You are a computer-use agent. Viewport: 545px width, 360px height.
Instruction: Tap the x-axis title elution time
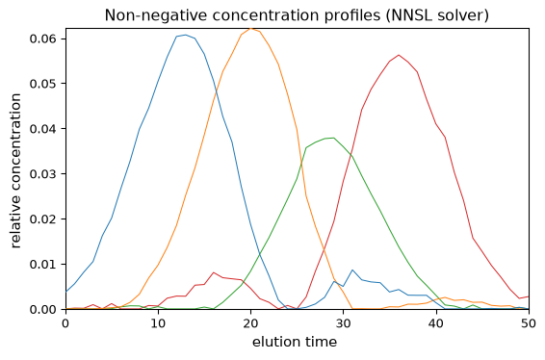coord(295,342)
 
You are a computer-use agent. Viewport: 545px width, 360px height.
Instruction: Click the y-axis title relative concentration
coord(16,170)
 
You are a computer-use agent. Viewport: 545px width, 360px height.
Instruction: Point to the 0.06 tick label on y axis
coord(43,39)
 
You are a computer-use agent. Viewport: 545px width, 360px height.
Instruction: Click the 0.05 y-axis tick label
coord(43,84)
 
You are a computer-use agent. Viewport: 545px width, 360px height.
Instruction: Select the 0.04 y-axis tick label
coord(43,129)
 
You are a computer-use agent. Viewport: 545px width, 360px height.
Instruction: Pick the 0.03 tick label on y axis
coord(43,174)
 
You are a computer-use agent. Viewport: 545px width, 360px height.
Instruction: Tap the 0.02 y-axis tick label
coord(43,219)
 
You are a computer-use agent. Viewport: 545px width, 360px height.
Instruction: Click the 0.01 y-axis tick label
coord(43,265)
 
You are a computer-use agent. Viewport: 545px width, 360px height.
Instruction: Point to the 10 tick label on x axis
coord(158,323)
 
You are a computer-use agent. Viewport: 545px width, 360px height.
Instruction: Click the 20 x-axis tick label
coord(250,323)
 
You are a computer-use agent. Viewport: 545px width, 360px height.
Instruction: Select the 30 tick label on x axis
coord(344,323)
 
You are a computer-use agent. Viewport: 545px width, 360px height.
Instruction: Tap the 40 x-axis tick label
coord(436,323)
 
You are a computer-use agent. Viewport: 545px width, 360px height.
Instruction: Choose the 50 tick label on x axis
coord(529,323)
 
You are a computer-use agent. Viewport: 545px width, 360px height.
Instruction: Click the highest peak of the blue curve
coord(186,35)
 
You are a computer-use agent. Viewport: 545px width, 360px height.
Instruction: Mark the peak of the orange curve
coord(250,28)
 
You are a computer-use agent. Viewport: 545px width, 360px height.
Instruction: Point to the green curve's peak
coord(334,138)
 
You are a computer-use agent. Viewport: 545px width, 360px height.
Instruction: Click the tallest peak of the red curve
coord(399,55)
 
